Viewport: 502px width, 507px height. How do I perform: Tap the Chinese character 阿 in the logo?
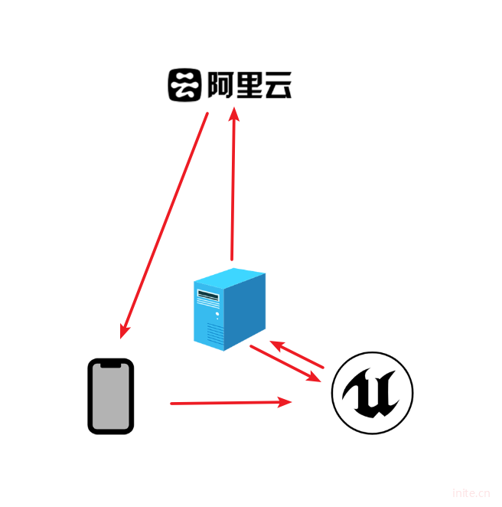[218, 85]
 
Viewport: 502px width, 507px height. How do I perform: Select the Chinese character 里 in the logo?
[247, 85]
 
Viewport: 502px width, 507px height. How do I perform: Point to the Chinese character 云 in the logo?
[277, 85]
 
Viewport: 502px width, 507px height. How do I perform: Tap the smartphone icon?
[110, 396]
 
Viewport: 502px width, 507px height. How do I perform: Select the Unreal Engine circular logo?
[372, 394]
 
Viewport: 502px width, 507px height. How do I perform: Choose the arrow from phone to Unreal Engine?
[230, 402]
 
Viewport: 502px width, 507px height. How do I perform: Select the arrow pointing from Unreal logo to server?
[298, 353]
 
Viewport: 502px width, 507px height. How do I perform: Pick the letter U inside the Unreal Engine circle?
[372, 395]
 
